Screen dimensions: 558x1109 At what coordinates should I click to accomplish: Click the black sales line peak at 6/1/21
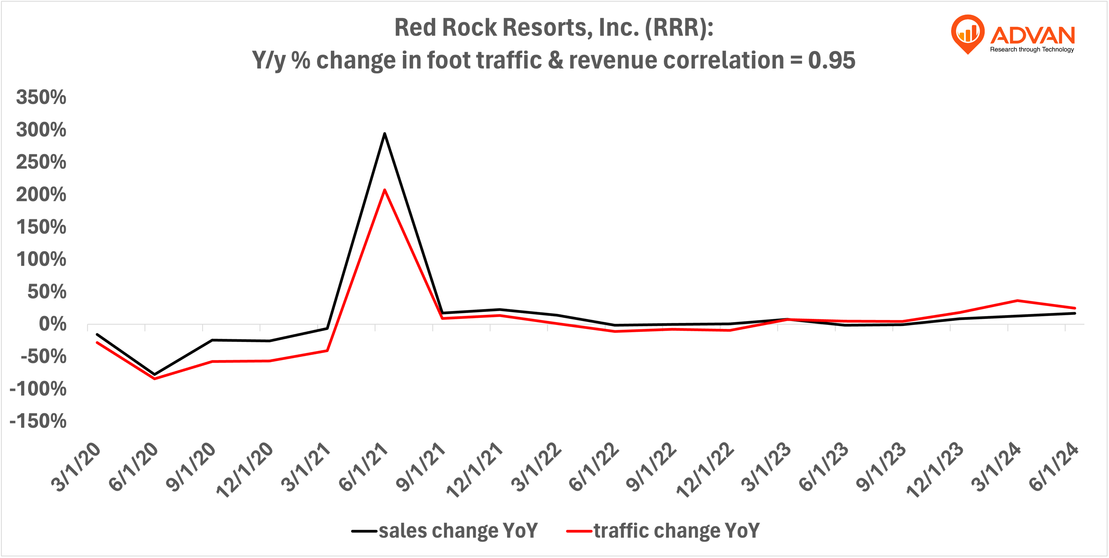pyautogui.click(x=384, y=133)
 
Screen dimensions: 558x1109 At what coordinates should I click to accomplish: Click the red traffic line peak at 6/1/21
pyautogui.click(x=384, y=190)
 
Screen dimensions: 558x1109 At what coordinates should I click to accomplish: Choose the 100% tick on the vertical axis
pyautogui.click(x=41, y=259)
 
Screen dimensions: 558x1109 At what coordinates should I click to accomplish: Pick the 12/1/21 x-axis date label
pyautogui.click(x=475, y=470)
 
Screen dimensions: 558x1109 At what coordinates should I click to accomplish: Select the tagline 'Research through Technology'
pyautogui.click(x=1032, y=50)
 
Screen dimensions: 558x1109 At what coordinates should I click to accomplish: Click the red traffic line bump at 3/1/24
pyautogui.click(x=1017, y=301)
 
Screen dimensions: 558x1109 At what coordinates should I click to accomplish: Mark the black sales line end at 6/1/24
pyautogui.click(x=1075, y=313)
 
